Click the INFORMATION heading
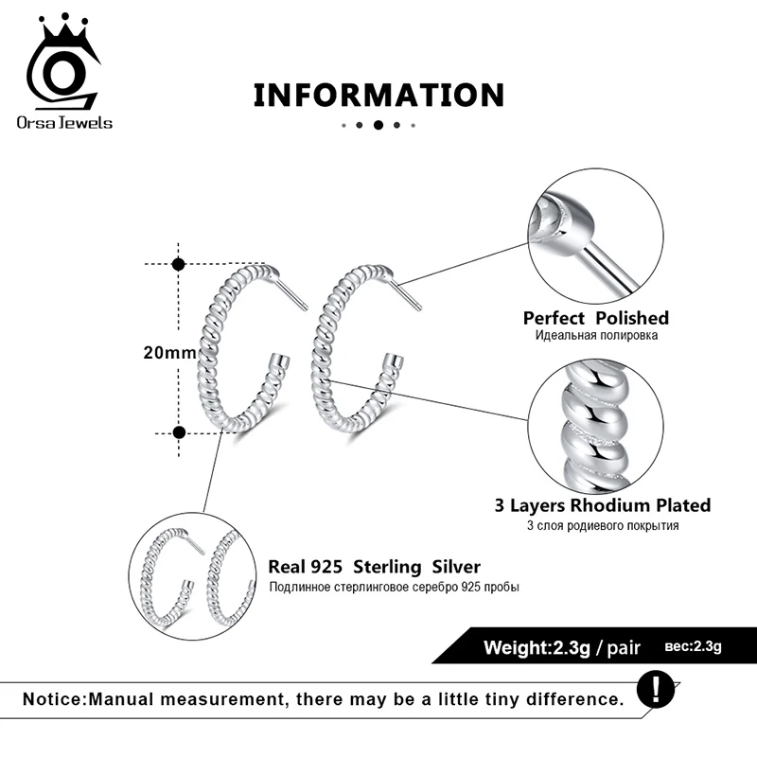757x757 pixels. click(378, 96)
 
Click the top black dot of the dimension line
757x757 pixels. click(179, 266)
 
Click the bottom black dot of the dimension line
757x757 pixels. click(179, 432)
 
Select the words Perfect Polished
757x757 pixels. click(595, 318)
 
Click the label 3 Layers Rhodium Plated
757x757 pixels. click(603, 505)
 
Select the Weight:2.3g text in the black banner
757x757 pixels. click(537, 648)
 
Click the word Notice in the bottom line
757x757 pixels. click(53, 700)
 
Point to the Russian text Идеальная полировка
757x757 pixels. click(596, 336)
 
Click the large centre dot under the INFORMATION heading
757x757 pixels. click(378, 125)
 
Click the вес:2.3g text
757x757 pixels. click(695, 647)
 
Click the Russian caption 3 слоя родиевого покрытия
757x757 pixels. click(603, 526)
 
